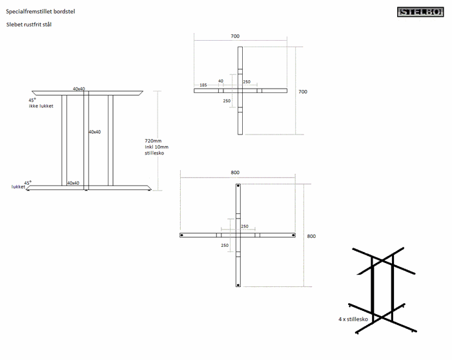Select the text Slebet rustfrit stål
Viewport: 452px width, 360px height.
28,25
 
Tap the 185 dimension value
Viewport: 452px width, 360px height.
203,85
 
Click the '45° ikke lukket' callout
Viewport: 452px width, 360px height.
40,103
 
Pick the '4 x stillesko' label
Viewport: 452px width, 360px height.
353,319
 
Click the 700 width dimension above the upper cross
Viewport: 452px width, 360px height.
234,36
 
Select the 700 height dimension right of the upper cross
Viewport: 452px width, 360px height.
303,92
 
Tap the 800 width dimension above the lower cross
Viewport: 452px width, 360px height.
234,173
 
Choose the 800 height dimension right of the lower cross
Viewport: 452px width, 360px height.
311,237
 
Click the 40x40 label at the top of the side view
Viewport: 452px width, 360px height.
79,89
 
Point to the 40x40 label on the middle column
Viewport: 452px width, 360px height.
94,132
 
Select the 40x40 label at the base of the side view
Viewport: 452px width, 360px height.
73,183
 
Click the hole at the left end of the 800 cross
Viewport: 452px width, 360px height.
182,235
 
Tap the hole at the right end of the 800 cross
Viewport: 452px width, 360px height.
294,235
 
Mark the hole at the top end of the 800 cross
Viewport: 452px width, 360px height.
238,187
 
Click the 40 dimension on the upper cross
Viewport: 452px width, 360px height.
221,81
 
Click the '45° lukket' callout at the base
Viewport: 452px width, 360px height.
21,185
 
